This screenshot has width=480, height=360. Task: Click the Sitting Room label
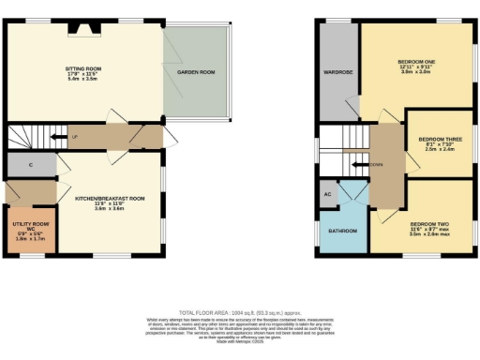coord(82,68)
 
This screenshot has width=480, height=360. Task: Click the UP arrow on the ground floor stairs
coord(73,138)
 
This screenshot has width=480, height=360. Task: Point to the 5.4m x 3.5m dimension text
coord(82,81)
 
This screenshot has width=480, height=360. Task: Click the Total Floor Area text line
coord(239,311)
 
